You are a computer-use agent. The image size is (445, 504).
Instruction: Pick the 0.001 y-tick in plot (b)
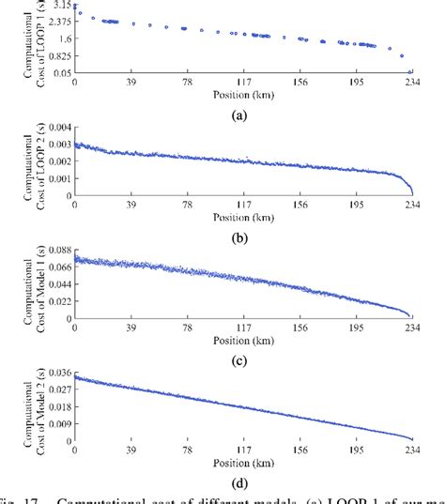point(55,178)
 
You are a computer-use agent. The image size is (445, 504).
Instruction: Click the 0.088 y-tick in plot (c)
point(55,251)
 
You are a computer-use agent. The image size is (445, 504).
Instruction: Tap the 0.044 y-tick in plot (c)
point(55,284)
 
